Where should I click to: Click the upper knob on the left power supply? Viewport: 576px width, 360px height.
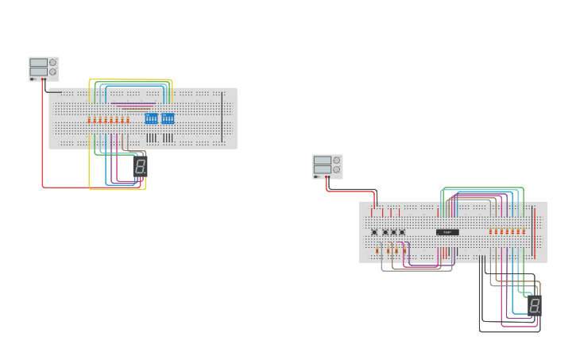(x=53, y=63)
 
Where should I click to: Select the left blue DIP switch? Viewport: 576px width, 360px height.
(x=151, y=118)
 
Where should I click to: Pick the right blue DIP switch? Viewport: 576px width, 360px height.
(x=168, y=118)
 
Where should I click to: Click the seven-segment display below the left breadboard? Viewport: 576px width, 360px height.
(x=140, y=166)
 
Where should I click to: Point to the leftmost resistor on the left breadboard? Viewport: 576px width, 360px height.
(x=89, y=120)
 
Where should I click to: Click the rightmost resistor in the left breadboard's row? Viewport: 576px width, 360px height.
(x=128, y=120)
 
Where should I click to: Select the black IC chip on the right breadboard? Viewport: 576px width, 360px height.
(x=447, y=232)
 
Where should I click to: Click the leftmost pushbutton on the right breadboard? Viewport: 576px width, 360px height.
(x=374, y=232)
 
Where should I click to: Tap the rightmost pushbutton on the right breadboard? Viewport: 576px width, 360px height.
(x=402, y=232)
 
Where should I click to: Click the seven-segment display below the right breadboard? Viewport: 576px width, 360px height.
(x=535, y=306)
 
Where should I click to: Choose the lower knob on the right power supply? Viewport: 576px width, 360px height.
(x=337, y=169)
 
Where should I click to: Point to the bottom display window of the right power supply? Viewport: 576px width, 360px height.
(x=323, y=169)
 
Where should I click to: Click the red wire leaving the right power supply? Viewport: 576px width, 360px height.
(x=350, y=191)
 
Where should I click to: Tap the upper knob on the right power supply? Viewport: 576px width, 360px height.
(x=337, y=161)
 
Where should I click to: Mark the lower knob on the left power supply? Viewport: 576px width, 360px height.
(x=53, y=72)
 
